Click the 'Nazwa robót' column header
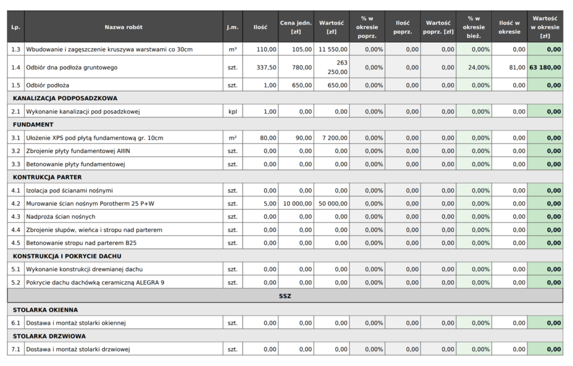(124, 27)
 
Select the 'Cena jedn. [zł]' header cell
(296, 27)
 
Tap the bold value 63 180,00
(545, 67)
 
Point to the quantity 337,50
(266, 67)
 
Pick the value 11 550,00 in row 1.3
(333, 49)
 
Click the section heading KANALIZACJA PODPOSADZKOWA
(65, 98)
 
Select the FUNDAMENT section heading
(33, 124)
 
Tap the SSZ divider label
(285, 296)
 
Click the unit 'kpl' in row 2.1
(233, 112)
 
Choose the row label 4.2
(16, 203)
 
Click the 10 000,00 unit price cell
(298, 203)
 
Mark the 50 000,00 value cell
(333, 203)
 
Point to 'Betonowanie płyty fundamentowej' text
(76, 164)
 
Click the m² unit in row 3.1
(233, 138)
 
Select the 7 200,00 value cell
(335, 138)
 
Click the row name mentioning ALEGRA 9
(95, 282)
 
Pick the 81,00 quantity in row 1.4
(517, 67)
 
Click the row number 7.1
(16, 349)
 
